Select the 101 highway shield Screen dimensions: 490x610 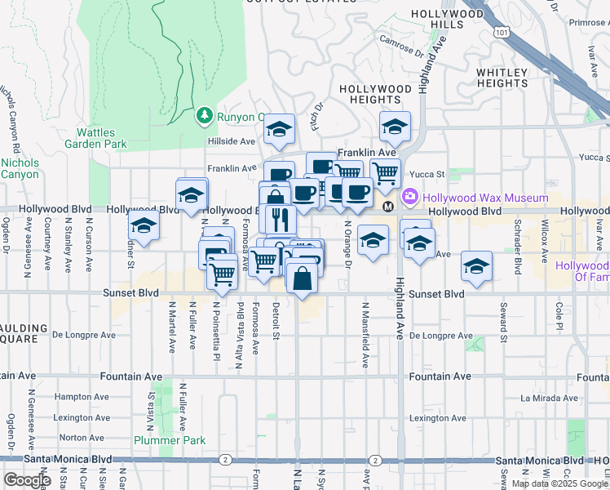coord(501,31)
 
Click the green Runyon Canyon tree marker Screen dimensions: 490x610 coord(205,116)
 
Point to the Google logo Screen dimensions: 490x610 coord(27,480)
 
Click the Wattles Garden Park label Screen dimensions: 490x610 coord(102,138)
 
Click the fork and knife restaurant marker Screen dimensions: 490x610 coord(279,219)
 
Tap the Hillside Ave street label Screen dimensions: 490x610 coord(232,140)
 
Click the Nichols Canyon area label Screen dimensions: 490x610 coord(20,168)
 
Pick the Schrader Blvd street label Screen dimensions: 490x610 coord(517,237)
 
